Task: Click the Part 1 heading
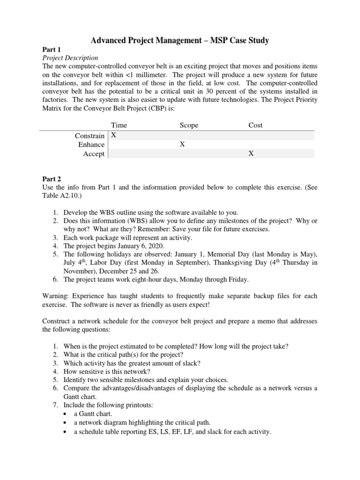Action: tap(52, 49)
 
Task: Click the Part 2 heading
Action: tap(52, 179)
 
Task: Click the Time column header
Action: tap(119, 125)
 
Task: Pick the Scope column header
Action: tap(189, 125)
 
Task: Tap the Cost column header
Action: tap(255, 125)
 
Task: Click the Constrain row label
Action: tap(90, 135)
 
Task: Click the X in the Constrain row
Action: tap(113, 135)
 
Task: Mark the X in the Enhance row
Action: tap(182, 145)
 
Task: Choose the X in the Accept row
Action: tap(251, 154)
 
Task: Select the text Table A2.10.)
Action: tap(60, 196)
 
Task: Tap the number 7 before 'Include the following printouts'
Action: tap(54, 405)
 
